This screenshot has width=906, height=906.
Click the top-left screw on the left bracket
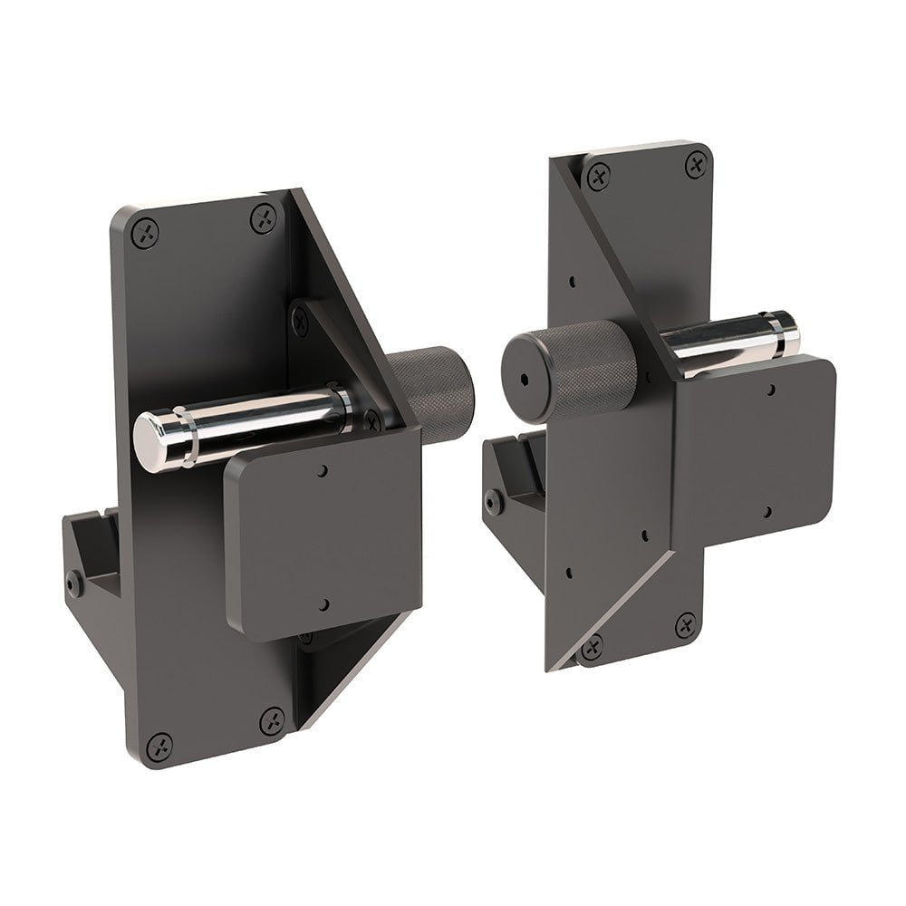pyautogui.click(x=145, y=233)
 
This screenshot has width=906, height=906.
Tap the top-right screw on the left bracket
pyautogui.click(x=263, y=218)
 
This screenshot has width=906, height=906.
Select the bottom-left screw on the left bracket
pyautogui.click(x=160, y=747)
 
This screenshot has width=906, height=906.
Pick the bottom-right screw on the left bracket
pyautogui.click(x=272, y=721)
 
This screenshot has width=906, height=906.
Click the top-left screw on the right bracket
pyautogui.click(x=598, y=177)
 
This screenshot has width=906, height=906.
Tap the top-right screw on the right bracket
pyautogui.click(x=696, y=164)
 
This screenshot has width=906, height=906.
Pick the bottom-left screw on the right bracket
pyautogui.click(x=592, y=647)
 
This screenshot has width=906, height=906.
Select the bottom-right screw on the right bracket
pyautogui.click(x=686, y=626)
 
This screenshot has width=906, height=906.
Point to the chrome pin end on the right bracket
pyautogui.click(x=781, y=332)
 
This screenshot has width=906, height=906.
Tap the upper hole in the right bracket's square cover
pyautogui.click(x=769, y=390)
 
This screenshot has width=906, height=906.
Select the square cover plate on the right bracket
pyautogui.click(x=752, y=453)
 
